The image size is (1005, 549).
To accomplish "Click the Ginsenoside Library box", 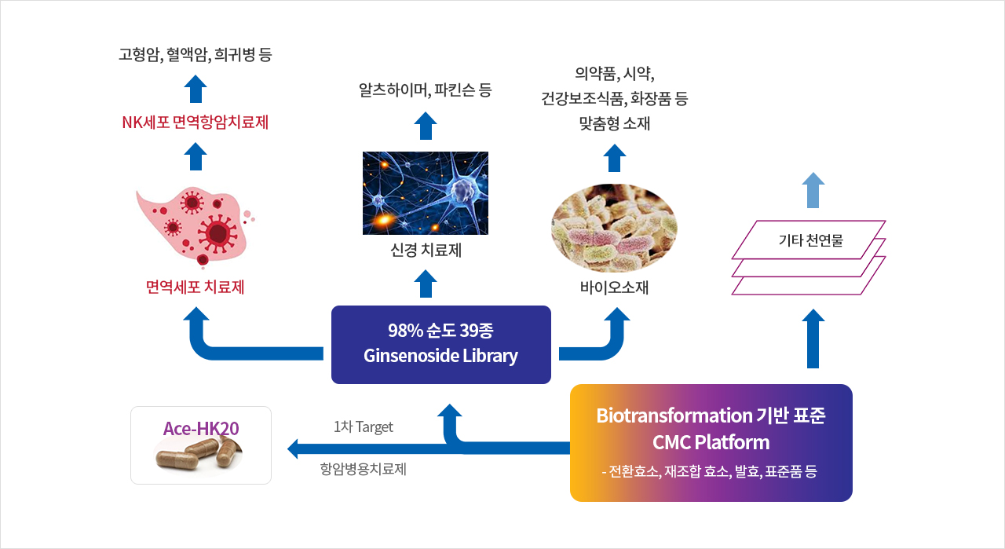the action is coord(441,345).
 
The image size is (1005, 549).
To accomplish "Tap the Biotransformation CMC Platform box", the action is coord(711,443).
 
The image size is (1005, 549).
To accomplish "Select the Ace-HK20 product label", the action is coord(201,428).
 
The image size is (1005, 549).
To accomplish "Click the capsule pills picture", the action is coord(198,455).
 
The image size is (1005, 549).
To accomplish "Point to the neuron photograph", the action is coord(426,193).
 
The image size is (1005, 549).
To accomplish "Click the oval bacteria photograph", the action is coord(614,228).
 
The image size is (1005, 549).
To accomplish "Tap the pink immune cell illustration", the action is coord(196,228).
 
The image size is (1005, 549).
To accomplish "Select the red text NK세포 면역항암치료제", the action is coord(196,122).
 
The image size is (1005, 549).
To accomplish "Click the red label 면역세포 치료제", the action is coord(196,287).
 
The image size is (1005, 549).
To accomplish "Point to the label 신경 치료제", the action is coord(426,250).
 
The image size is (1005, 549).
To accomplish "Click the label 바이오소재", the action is coord(614,287).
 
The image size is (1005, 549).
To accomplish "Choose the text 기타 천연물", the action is coord(811,240).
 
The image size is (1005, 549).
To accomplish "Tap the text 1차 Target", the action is coord(363,426).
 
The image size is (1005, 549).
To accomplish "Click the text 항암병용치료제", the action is coord(363,469).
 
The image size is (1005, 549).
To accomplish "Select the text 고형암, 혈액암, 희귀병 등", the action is coord(196,54).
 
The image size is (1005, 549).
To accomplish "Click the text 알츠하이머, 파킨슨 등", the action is coord(426,90).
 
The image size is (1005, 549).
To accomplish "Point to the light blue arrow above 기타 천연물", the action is coord(813,190).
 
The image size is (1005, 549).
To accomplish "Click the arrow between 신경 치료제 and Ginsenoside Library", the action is coord(426,284).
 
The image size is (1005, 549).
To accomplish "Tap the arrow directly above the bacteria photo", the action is coord(614,158).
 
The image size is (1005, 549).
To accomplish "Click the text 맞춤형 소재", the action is coord(614,123).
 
